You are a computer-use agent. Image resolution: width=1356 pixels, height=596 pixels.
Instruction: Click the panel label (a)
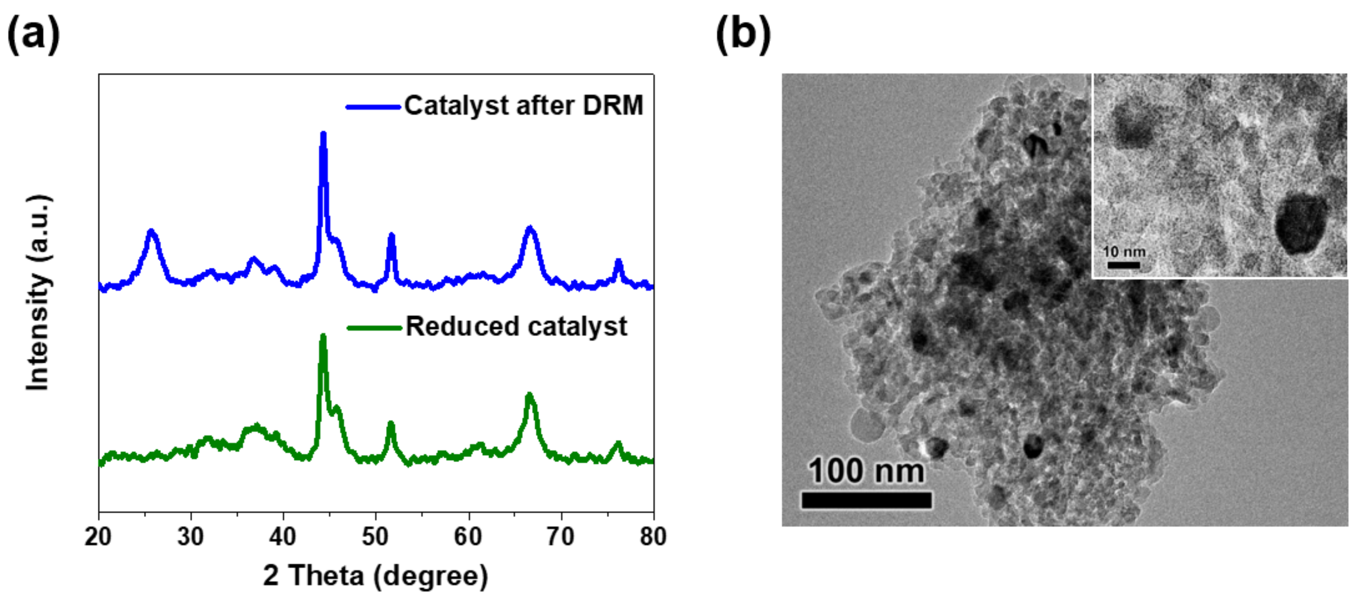point(33,35)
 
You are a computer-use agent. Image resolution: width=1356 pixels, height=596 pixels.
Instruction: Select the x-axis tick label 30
point(190,537)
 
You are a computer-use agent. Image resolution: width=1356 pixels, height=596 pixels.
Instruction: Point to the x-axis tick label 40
point(283,537)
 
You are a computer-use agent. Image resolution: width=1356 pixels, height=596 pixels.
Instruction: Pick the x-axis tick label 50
point(376,537)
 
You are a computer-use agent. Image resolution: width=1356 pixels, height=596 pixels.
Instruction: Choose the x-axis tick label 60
point(468,537)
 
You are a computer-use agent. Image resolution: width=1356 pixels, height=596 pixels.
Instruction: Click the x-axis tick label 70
point(561,537)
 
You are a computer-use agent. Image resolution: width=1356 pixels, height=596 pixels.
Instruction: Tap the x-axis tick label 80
point(653,537)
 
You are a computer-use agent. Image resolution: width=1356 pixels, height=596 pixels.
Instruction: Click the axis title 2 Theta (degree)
point(376,575)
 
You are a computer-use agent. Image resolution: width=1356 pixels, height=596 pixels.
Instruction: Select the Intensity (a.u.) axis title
point(38,293)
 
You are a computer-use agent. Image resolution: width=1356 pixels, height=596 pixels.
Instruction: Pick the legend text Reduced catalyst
point(516,327)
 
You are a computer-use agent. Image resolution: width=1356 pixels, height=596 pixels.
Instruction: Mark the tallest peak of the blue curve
point(323,135)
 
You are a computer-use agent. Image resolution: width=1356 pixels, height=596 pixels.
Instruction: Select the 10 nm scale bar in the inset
point(1123,264)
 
